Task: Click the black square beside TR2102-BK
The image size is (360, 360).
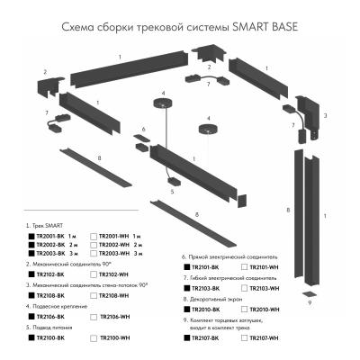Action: point(32,274)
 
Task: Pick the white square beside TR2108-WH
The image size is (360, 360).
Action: point(93,295)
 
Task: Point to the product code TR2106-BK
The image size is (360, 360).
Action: point(55,317)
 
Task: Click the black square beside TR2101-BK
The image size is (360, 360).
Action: point(186,267)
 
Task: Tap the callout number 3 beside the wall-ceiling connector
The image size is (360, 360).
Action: point(325,115)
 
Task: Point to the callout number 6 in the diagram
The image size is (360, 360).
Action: point(142,129)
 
